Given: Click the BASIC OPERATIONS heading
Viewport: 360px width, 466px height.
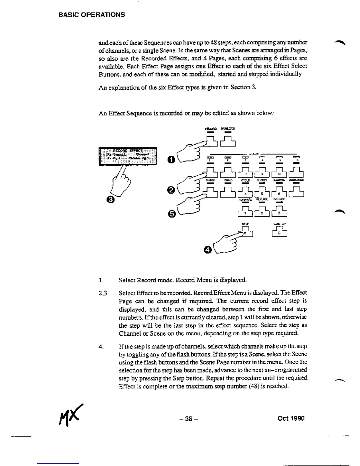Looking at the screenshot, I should pyautogui.click(x=91, y=15).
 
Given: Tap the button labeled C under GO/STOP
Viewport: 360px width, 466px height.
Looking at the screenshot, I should pyautogui.click(x=279, y=232).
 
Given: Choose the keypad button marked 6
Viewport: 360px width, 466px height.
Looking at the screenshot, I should pyautogui.click(x=279, y=194).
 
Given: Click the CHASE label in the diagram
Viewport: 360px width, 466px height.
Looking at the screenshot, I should pyautogui.click(x=210, y=180).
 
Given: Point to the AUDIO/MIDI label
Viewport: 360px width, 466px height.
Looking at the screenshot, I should pyautogui.click(x=296, y=180).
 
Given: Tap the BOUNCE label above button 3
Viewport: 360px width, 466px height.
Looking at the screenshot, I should pyautogui.click(x=279, y=199).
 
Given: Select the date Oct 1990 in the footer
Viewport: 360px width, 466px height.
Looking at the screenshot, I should pyautogui.click(x=291, y=418).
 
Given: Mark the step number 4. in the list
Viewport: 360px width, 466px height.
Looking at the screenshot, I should pyautogui.click(x=101, y=347).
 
